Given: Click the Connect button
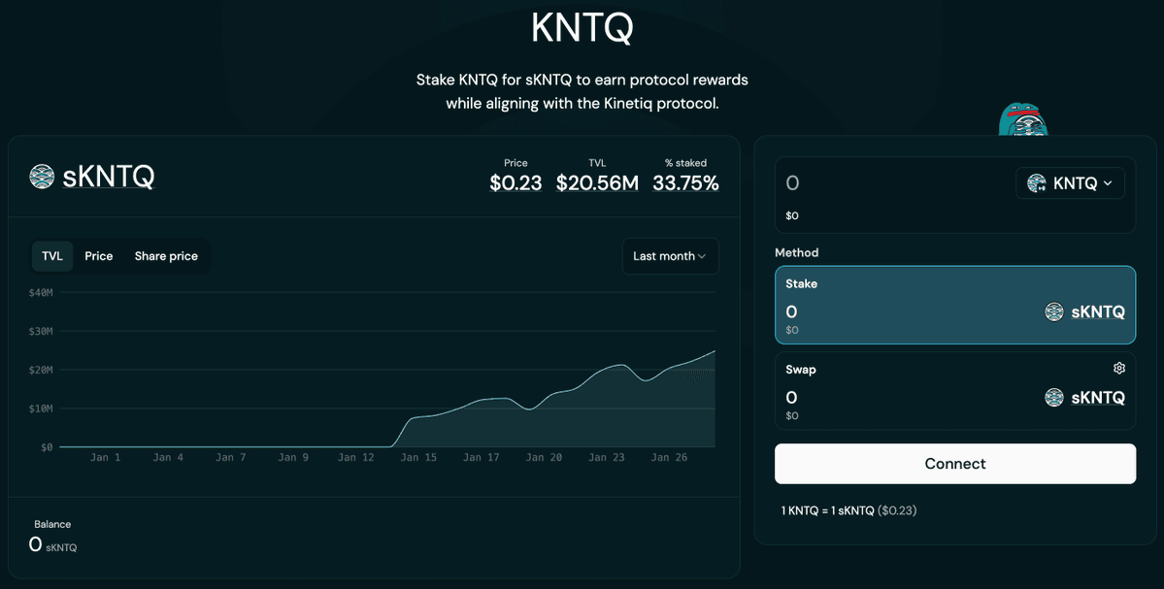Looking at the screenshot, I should coord(954,464).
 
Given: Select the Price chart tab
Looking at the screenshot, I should coord(99,256).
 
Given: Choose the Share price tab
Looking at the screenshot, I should coord(166,256).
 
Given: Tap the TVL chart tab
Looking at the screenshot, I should coord(52,256).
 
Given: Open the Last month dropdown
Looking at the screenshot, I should coord(670,256).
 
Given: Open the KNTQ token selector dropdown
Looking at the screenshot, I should coord(1070,183).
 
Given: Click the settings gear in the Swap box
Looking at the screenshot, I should coord(1119,369).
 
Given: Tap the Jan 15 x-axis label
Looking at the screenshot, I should coord(417,457).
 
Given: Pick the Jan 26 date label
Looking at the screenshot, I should coord(669,457).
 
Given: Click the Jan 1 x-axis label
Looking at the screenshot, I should coord(105,457).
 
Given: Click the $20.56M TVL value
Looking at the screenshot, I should coord(597,182).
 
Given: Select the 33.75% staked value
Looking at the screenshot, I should coord(685,182).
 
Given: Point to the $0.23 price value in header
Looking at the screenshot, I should coord(515,182).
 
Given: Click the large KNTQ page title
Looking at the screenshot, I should coord(582,28).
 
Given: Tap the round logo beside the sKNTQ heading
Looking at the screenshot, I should coord(42,177).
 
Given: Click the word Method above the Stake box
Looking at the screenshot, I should coord(796,252).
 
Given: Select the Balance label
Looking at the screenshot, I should coord(52,524).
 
